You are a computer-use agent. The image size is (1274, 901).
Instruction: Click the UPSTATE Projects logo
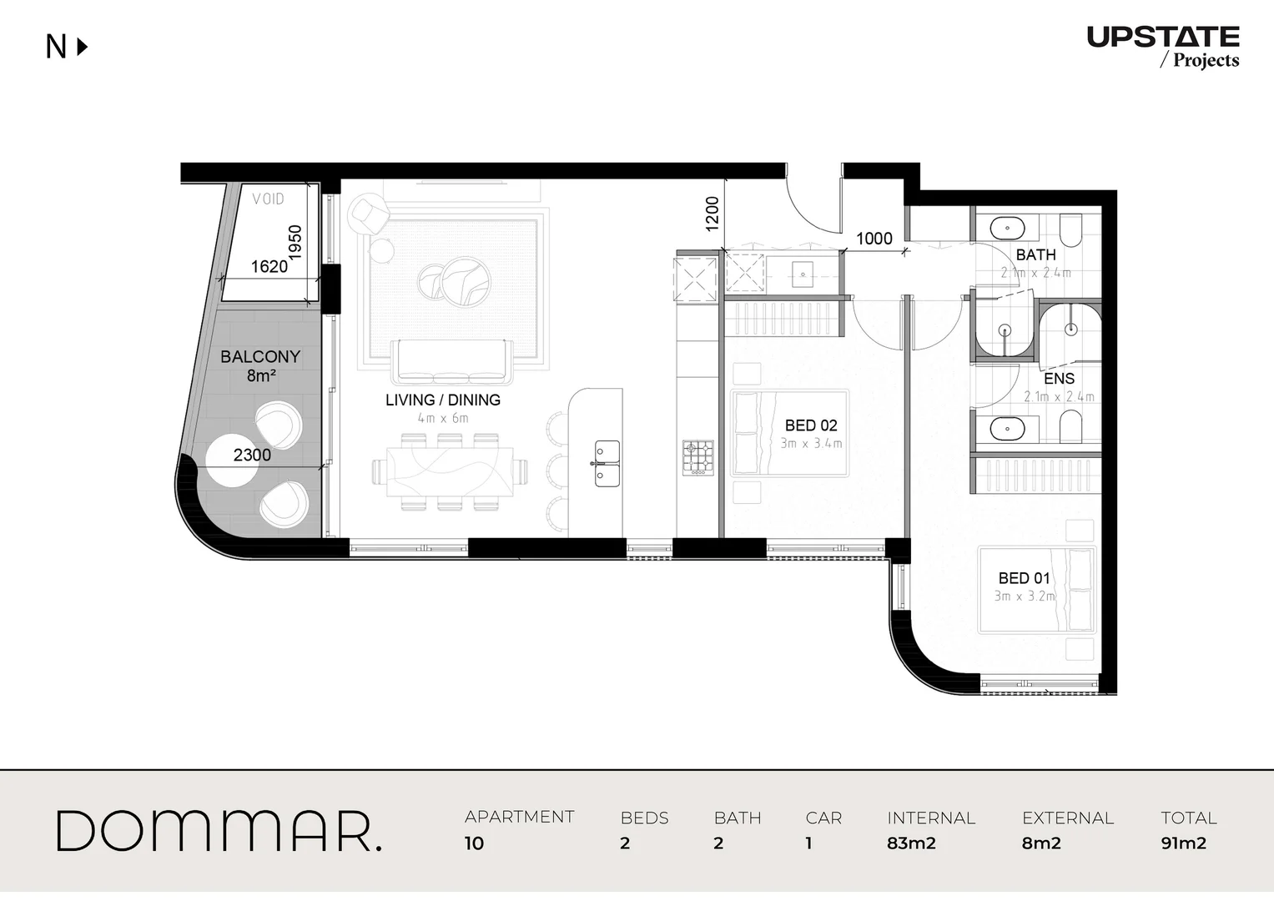coord(1163,46)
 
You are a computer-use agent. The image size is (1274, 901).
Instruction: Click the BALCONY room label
coord(260,357)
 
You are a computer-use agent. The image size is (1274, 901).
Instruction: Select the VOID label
coord(269,199)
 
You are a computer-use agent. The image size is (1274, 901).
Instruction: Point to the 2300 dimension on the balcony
coord(252,455)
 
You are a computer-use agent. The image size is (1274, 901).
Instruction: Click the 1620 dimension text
coord(269,266)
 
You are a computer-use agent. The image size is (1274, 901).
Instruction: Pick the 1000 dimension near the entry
coord(874,239)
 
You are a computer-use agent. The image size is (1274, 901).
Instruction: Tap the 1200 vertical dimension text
coord(712,214)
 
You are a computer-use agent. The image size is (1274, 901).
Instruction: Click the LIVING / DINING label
coord(443,400)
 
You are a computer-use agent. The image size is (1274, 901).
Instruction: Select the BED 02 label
coord(811,425)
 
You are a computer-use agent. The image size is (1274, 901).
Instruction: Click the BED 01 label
coord(1024,578)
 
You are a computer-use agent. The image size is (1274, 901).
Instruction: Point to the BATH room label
coord(1035,254)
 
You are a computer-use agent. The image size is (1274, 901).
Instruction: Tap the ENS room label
coord(1059,379)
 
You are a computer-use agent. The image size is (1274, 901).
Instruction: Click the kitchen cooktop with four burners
coord(698,457)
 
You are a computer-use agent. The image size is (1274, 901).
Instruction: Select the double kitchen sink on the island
coord(607,464)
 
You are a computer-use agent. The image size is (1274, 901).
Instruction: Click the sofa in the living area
coord(451,361)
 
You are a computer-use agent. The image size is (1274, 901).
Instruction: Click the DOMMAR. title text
coord(219,831)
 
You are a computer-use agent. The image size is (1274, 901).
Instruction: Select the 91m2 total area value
coord(1183,843)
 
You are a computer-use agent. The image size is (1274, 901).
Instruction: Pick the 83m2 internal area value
coord(911,843)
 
